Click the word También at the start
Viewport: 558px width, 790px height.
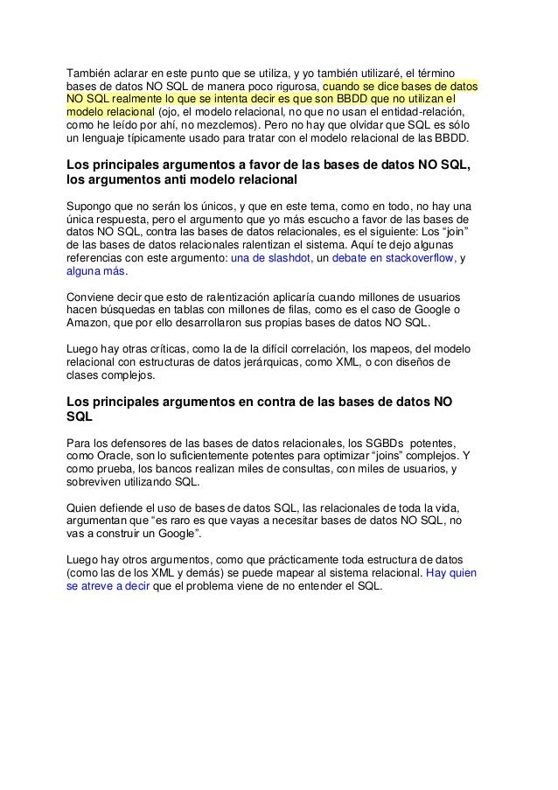[91, 71]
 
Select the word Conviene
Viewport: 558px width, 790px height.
[94, 296]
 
